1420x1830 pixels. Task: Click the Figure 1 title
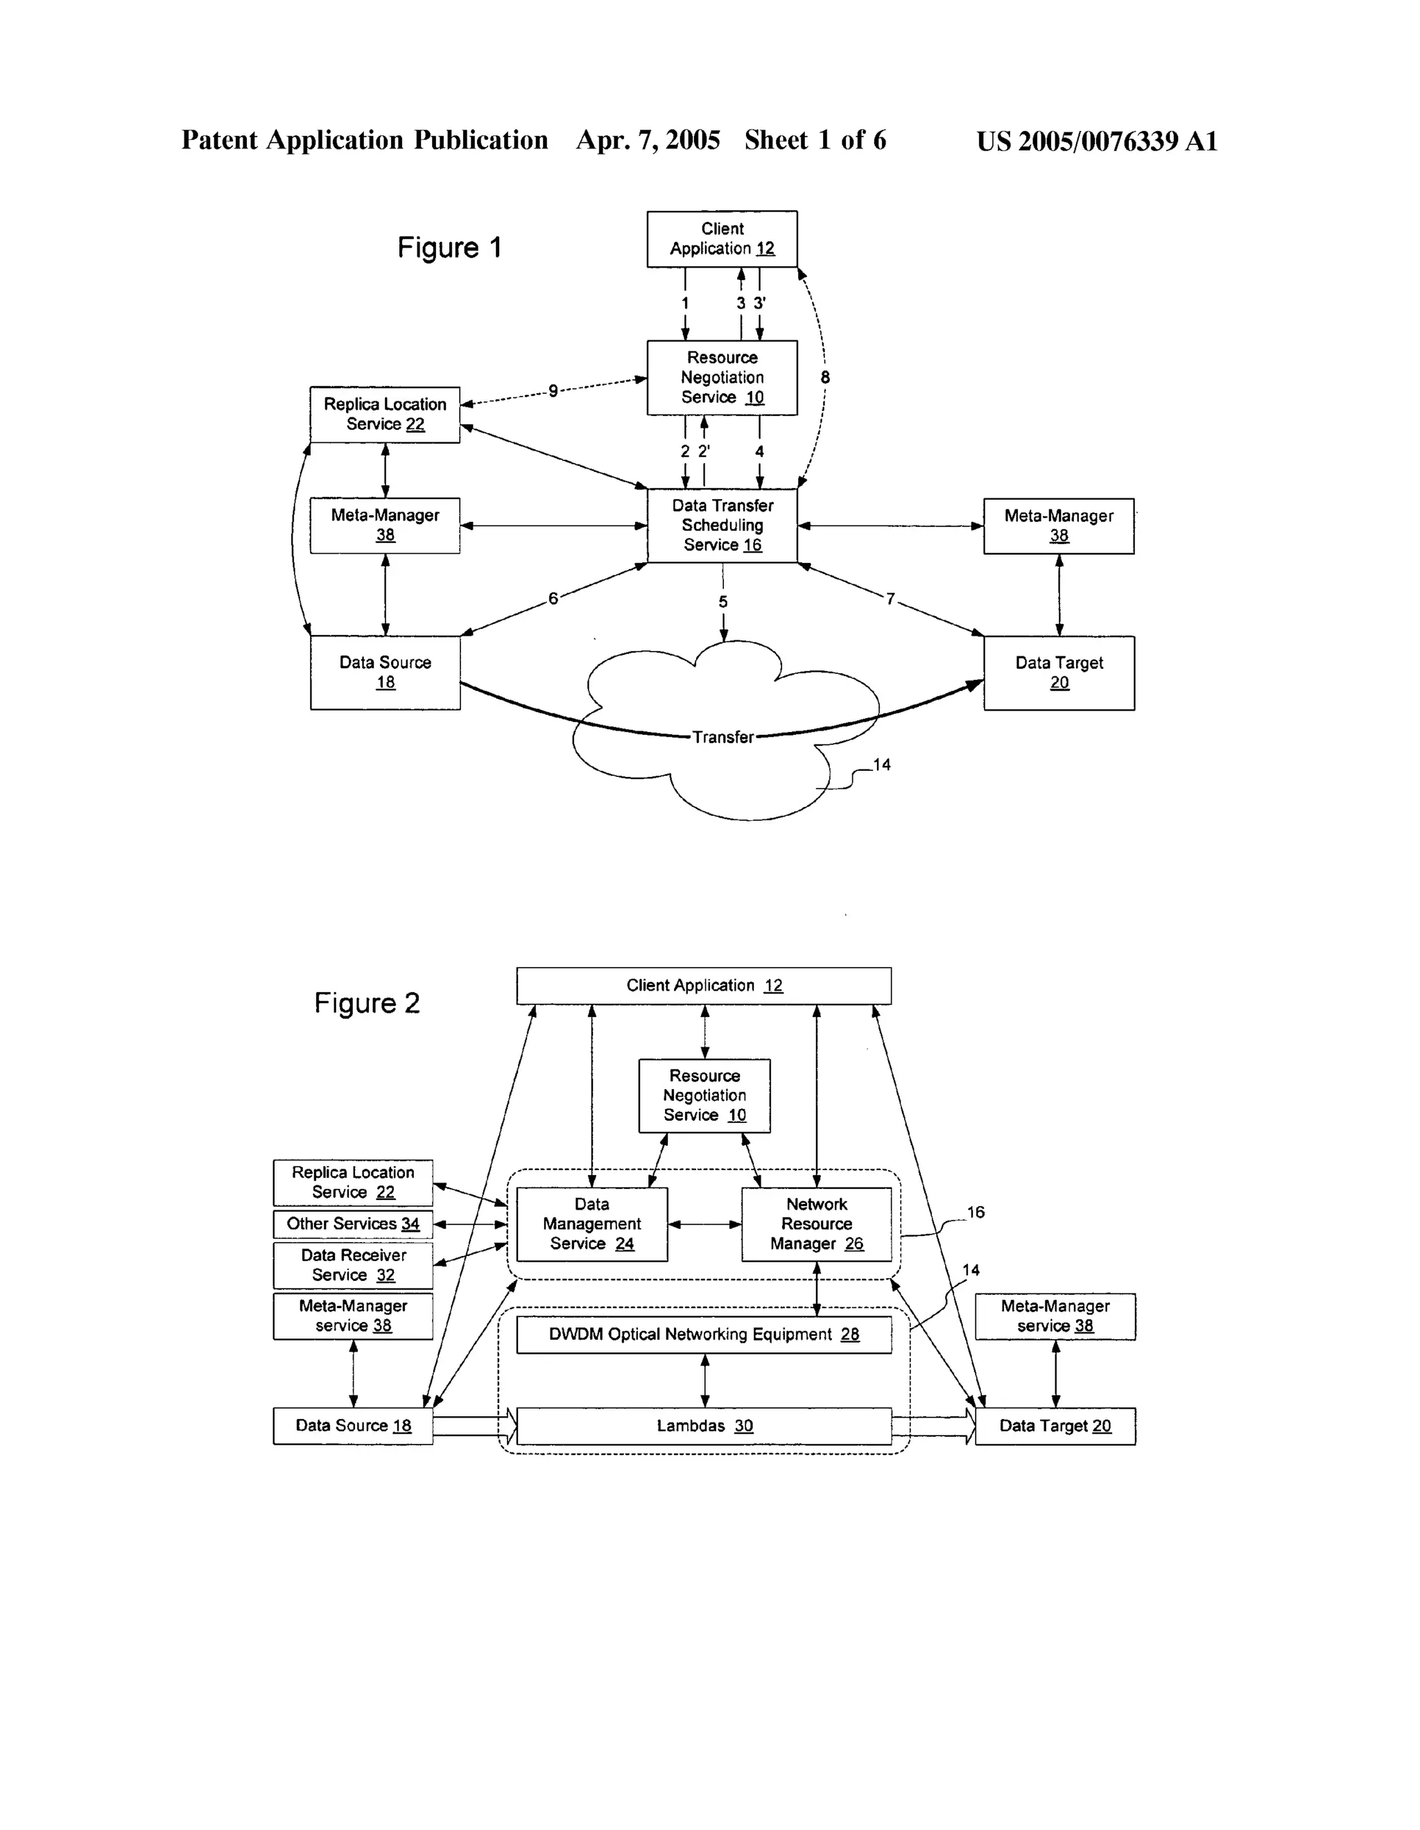point(449,248)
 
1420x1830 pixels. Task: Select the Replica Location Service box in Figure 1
point(385,414)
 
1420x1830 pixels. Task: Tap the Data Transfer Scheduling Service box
point(722,525)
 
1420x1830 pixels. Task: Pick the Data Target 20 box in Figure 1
point(1059,673)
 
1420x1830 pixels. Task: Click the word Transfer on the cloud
point(722,738)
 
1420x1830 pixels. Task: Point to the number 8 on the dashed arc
point(825,378)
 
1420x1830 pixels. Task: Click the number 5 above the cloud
point(722,602)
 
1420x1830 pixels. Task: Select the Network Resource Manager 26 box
point(817,1223)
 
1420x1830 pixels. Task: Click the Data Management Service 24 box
point(592,1223)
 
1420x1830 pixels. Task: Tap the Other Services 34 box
point(353,1223)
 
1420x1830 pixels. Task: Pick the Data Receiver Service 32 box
point(353,1264)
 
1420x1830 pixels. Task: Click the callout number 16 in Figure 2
point(976,1212)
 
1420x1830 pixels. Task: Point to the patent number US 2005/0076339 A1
point(1096,141)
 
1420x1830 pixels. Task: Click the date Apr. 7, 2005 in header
point(648,140)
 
